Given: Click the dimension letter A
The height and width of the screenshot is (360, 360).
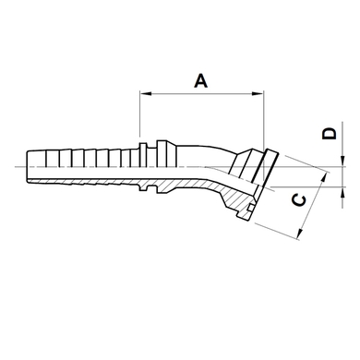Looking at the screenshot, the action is [201, 80].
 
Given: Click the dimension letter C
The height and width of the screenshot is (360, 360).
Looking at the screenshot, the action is [298, 201].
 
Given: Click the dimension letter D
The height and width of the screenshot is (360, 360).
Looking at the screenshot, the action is [329, 134].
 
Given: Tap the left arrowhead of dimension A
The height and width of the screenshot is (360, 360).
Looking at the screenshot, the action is [146, 93].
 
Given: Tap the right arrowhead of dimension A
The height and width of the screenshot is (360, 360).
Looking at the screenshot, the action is [258, 93].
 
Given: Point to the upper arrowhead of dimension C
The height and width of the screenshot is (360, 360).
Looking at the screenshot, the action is [324, 178].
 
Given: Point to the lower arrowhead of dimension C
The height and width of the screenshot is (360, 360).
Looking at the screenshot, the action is [300, 234].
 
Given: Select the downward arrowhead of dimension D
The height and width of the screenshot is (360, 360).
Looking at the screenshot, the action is [342, 162].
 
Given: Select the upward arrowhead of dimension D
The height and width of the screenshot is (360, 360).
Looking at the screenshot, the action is [342, 192].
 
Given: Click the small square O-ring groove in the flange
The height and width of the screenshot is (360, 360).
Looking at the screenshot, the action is [251, 208].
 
